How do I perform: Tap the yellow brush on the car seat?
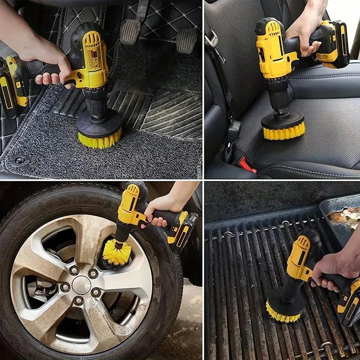click(x=283, y=131)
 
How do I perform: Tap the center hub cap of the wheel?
click(x=81, y=285)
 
